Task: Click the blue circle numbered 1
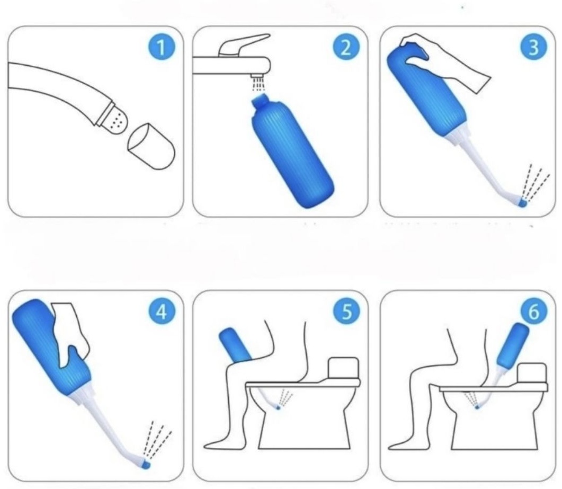pos(162,47)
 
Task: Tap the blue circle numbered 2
pos(346,47)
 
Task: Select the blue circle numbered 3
pos(534,47)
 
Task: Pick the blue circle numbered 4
pos(162,312)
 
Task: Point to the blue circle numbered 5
pos(346,312)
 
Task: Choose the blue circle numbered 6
pos(534,312)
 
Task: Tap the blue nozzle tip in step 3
pos(523,203)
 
